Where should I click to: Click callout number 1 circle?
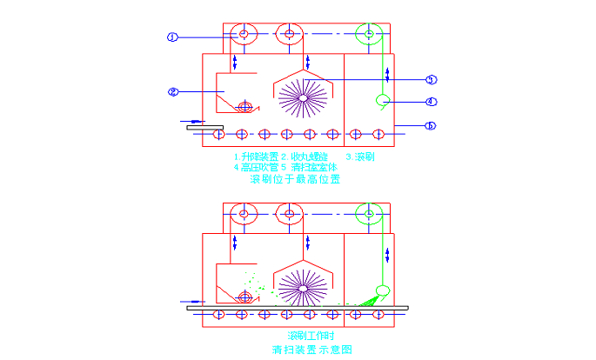[x=172, y=37]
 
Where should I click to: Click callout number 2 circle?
[x=172, y=91]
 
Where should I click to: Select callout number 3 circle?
[x=431, y=79]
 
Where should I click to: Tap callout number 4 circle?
[x=431, y=101]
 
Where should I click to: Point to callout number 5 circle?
[x=431, y=125]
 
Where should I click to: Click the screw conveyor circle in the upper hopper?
[x=245, y=107]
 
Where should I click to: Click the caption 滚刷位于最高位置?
[x=295, y=179]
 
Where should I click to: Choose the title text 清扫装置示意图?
[x=312, y=350]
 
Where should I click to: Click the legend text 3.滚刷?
[x=359, y=157]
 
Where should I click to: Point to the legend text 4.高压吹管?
[x=253, y=167]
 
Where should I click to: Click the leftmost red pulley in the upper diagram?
[x=242, y=35]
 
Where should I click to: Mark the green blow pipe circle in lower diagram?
[x=381, y=290]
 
